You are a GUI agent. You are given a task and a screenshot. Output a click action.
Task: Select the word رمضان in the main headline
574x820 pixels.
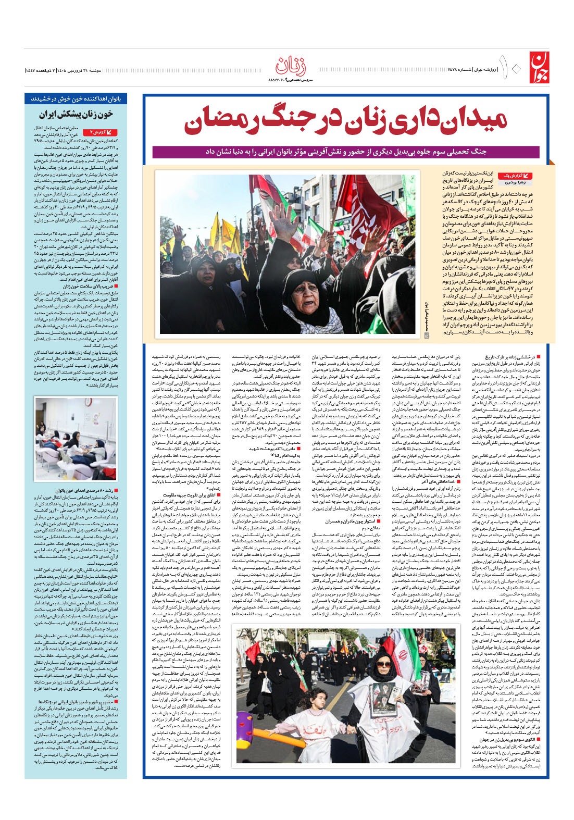click(x=227, y=121)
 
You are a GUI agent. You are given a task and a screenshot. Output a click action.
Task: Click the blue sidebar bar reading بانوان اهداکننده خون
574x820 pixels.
click(x=76, y=98)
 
